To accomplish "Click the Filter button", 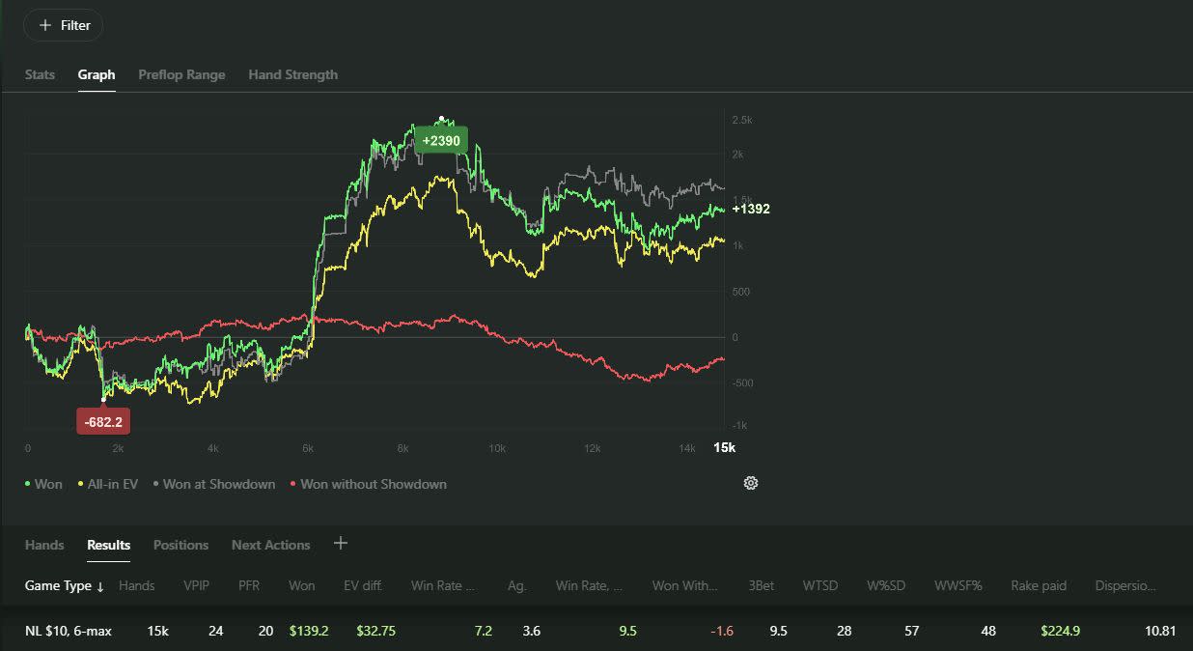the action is [64, 25].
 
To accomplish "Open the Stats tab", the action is [40, 74].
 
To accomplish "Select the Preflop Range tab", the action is [181, 74].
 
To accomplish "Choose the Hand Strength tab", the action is [292, 74].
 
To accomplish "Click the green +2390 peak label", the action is [441, 140].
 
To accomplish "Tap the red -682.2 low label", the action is [103, 422].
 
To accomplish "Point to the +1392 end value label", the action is [751, 209].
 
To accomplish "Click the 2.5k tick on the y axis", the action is [742, 120].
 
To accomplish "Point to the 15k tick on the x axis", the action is [724, 447].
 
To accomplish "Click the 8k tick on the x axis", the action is [402, 448].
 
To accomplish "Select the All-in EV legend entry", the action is [108, 484].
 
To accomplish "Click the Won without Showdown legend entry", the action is [369, 484].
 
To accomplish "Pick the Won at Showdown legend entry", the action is [214, 484].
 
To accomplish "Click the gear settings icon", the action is [751, 483].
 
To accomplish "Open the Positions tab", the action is [181, 545].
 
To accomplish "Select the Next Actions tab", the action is [271, 545].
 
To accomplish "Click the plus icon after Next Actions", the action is [341, 543].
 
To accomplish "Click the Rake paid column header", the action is [1039, 585].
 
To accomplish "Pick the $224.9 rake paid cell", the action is [1061, 631].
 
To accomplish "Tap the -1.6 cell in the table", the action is [722, 631].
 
